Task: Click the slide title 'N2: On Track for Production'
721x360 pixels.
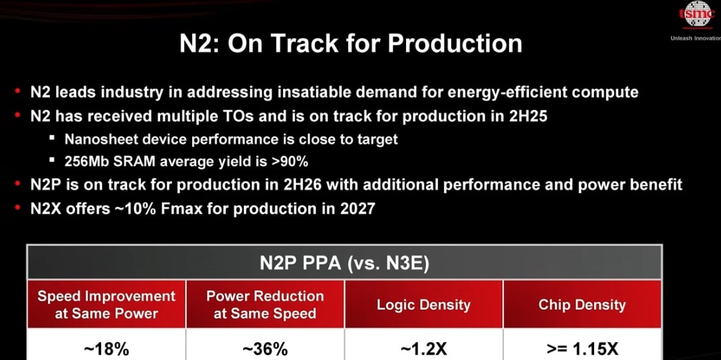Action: pos(351,44)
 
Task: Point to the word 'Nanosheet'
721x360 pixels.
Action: pos(98,139)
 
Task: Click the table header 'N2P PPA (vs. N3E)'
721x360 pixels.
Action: pos(344,264)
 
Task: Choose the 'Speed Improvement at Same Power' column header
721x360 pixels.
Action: pos(106,304)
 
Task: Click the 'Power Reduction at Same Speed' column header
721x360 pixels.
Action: pos(264,304)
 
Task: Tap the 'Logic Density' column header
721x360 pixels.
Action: pos(423,305)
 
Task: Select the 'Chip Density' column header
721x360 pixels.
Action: pos(581,305)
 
